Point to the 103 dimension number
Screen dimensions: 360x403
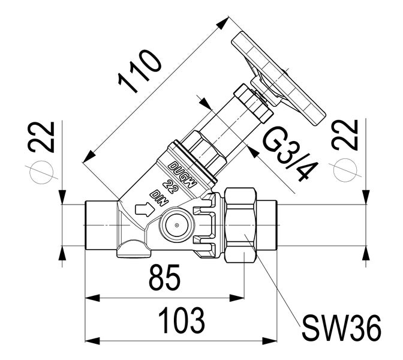click(x=181, y=322)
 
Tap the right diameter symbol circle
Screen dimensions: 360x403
click(x=346, y=170)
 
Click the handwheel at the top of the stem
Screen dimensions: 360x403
click(x=277, y=75)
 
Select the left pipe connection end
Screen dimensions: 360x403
click(x=99, y=225)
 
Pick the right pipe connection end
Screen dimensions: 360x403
click(x=267, y=225)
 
